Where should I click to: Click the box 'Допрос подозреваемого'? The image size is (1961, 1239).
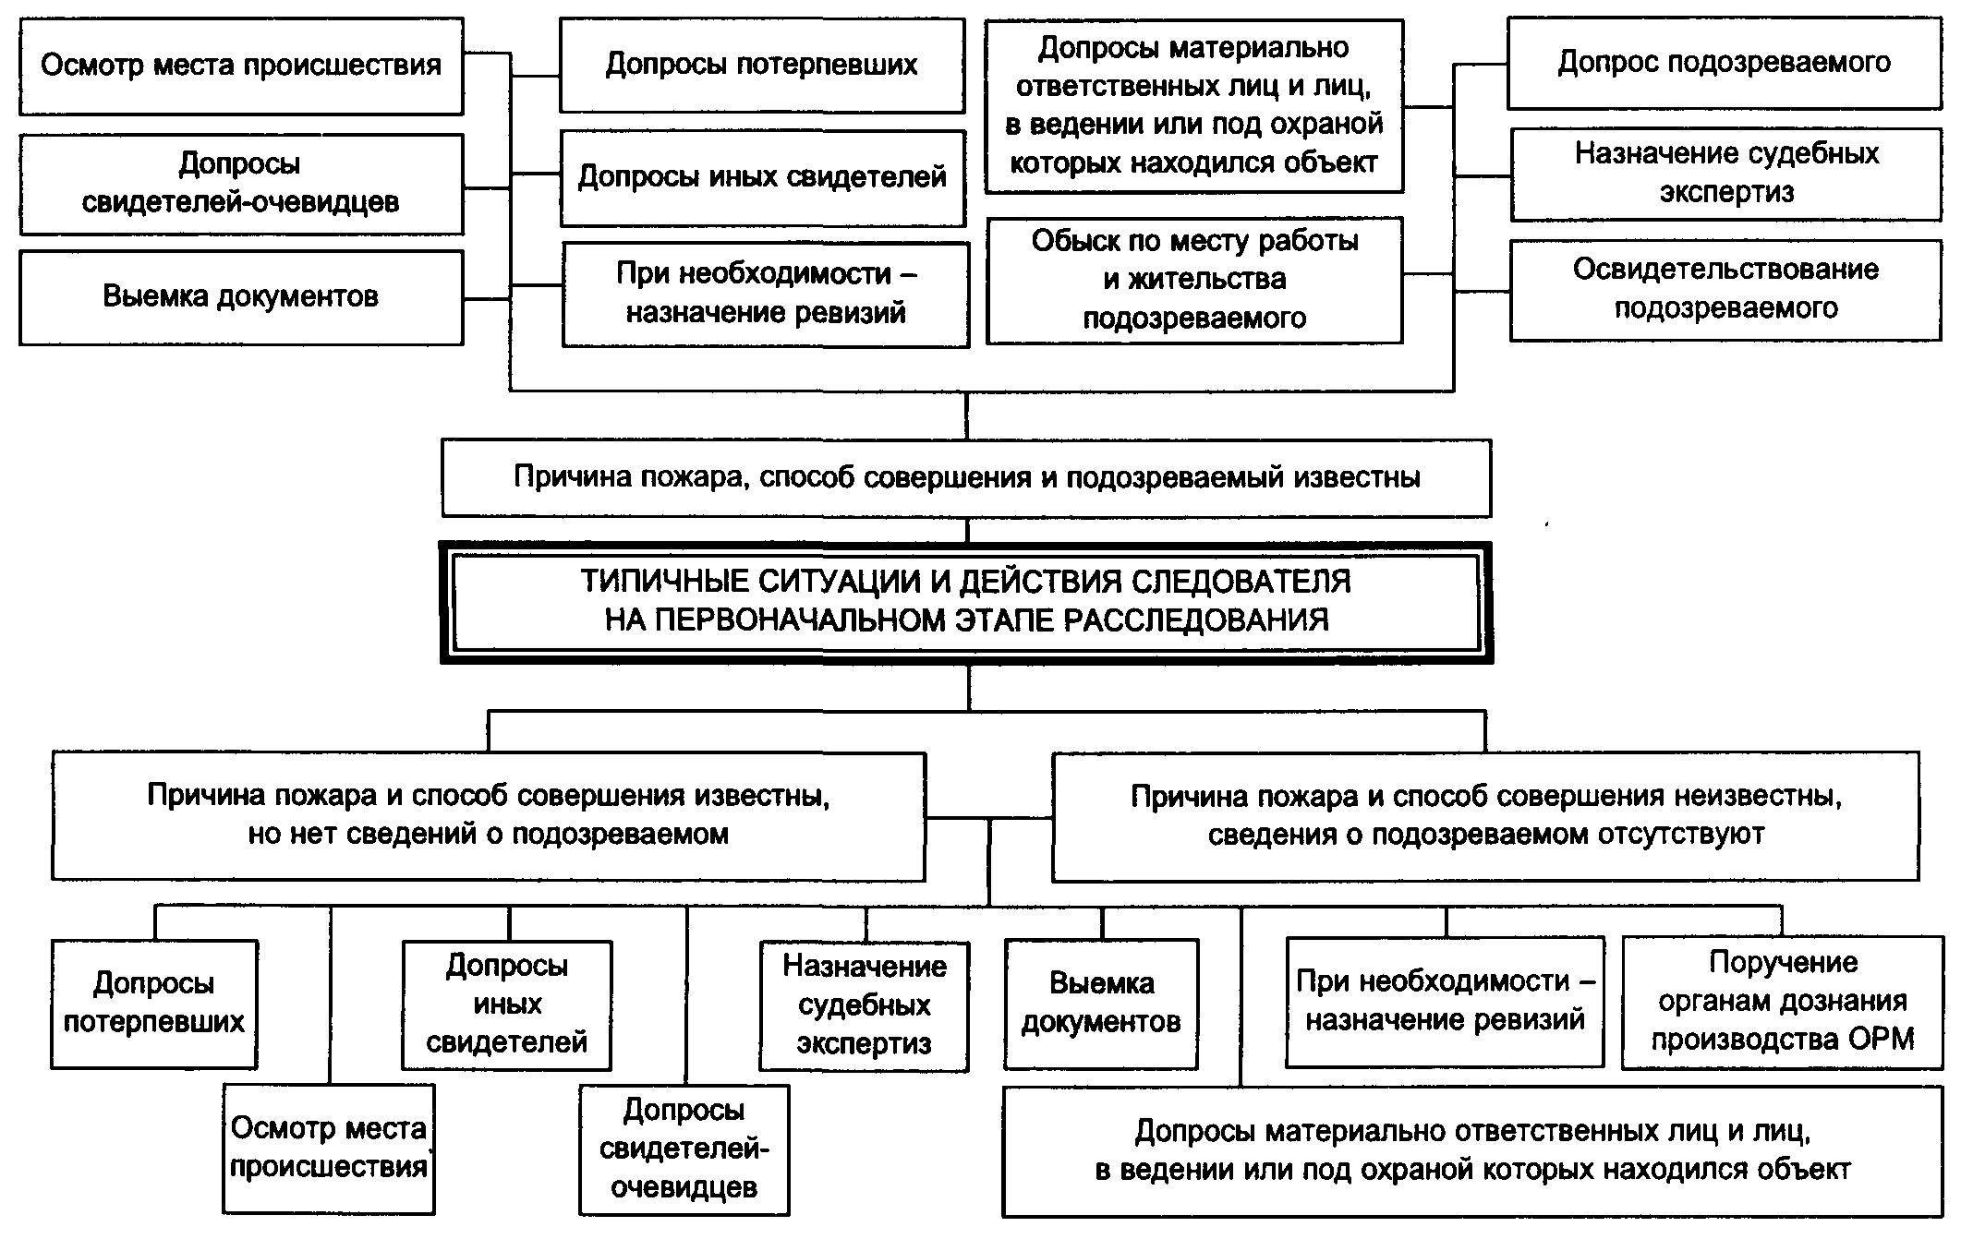[x=1724, y=63]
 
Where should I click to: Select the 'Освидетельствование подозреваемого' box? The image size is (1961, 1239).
[x=1725, y=289]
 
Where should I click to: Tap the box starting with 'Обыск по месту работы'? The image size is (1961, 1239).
[x=1194, y=280]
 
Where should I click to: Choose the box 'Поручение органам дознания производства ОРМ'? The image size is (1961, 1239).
[x=1782, y=1002]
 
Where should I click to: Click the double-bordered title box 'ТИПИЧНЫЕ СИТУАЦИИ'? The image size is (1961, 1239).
[x=966, y=601]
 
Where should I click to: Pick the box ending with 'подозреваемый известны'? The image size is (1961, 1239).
[x=966, y=477]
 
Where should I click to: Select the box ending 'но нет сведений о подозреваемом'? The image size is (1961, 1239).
[x=488, y=814]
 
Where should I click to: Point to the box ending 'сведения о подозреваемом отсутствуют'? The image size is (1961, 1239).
[x=1485, y=814]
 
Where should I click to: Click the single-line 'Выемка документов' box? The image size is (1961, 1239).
[x=240, y=296]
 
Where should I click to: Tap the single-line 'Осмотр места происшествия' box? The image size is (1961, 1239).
[x=240, y=66]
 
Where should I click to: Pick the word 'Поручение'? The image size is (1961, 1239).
[x=1783, y=963]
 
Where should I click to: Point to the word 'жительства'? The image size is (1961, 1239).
[x=1207, y=280]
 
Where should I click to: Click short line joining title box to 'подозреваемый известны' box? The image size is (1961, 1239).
[x=967, y=529]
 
